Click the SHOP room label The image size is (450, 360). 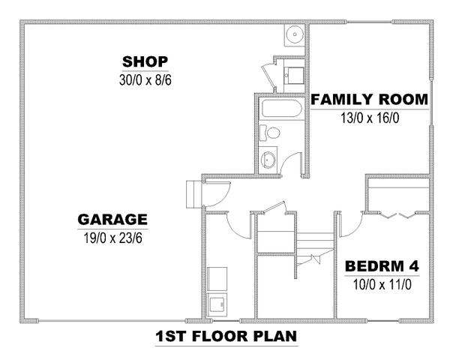click(x=145, y=61)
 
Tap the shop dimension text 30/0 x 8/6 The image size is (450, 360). click(x=145, y=80)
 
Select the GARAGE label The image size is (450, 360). click(x=112, y=220)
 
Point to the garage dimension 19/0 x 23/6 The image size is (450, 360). click(x=112, y=238)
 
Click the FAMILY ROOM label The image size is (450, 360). click(x=370, y=99)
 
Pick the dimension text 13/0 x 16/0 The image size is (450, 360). click(x=370, y=118)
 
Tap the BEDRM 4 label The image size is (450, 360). click(x=382, y=266)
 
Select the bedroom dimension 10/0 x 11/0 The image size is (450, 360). click(x=382, y=285)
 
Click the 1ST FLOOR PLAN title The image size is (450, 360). click(x=226, y=336)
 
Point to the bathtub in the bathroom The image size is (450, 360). click(x=281, y=109)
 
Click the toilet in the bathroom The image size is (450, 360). click(x=269, y=133)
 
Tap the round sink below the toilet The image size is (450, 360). click(x=268, y=160)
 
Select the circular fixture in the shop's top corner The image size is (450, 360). click(x=295, y=34)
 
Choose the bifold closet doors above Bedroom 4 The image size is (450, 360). click(x=398, y=215)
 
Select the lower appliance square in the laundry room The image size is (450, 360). click(x=217, y=305)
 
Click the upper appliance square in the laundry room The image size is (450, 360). click(x=217, y=279)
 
